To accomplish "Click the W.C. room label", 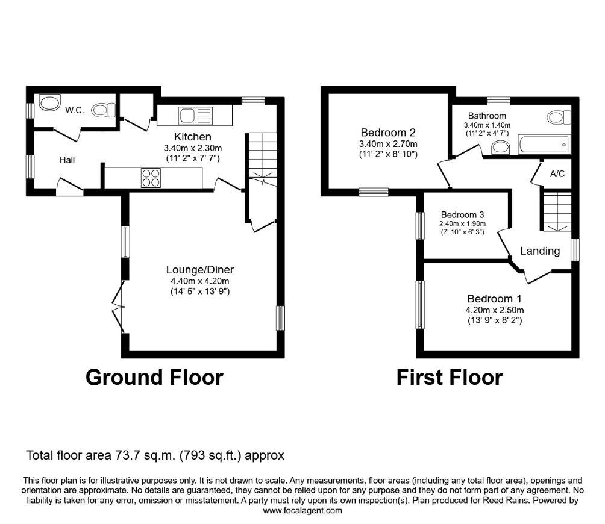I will (x=75, y=110).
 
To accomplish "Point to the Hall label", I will (x=67, y=160).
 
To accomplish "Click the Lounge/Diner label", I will (x=192, y=269).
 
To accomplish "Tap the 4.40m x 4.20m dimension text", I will (x=192, y=281).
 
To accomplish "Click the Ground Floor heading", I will (x=154, y=377).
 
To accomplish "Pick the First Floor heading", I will (x=449, y=377).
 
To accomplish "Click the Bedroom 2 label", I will (x=388, y=133).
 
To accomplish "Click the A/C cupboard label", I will (x=557, y=174).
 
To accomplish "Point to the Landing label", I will (x=540, y=251).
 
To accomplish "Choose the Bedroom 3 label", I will (x=462, y=214).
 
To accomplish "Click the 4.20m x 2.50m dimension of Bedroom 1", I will (x=494, y=310).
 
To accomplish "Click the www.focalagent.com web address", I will (x=302, y=510).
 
